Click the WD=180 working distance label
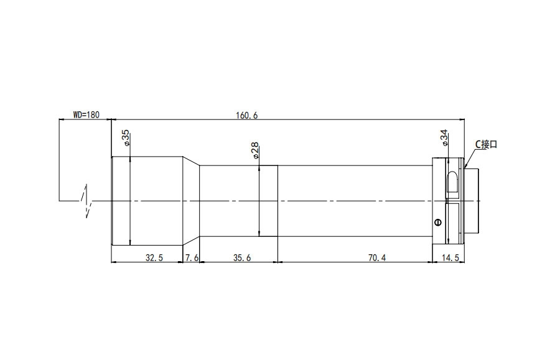86,115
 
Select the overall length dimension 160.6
246,116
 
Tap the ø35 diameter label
126,138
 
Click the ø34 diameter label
444,138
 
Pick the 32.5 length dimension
154,257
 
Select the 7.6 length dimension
192,257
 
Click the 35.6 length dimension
242,257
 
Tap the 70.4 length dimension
377,257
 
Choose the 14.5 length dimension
450,257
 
